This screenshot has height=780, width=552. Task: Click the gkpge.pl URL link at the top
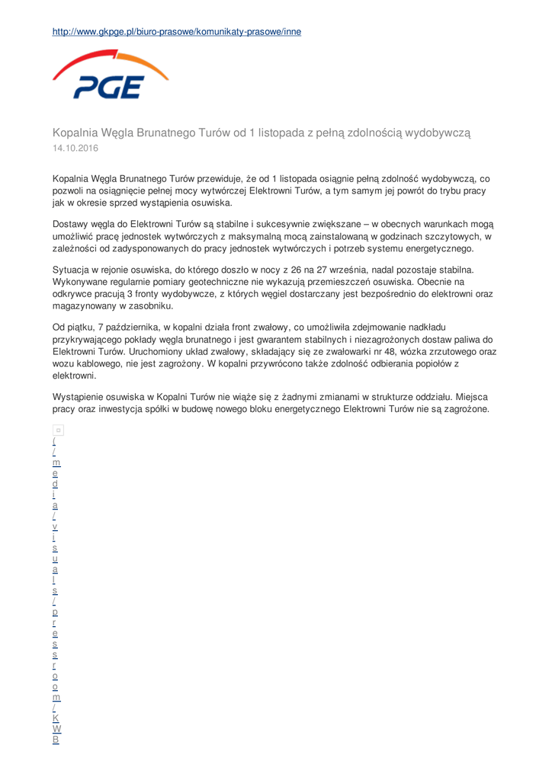176,32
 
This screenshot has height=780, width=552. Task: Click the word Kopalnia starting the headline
81,132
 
